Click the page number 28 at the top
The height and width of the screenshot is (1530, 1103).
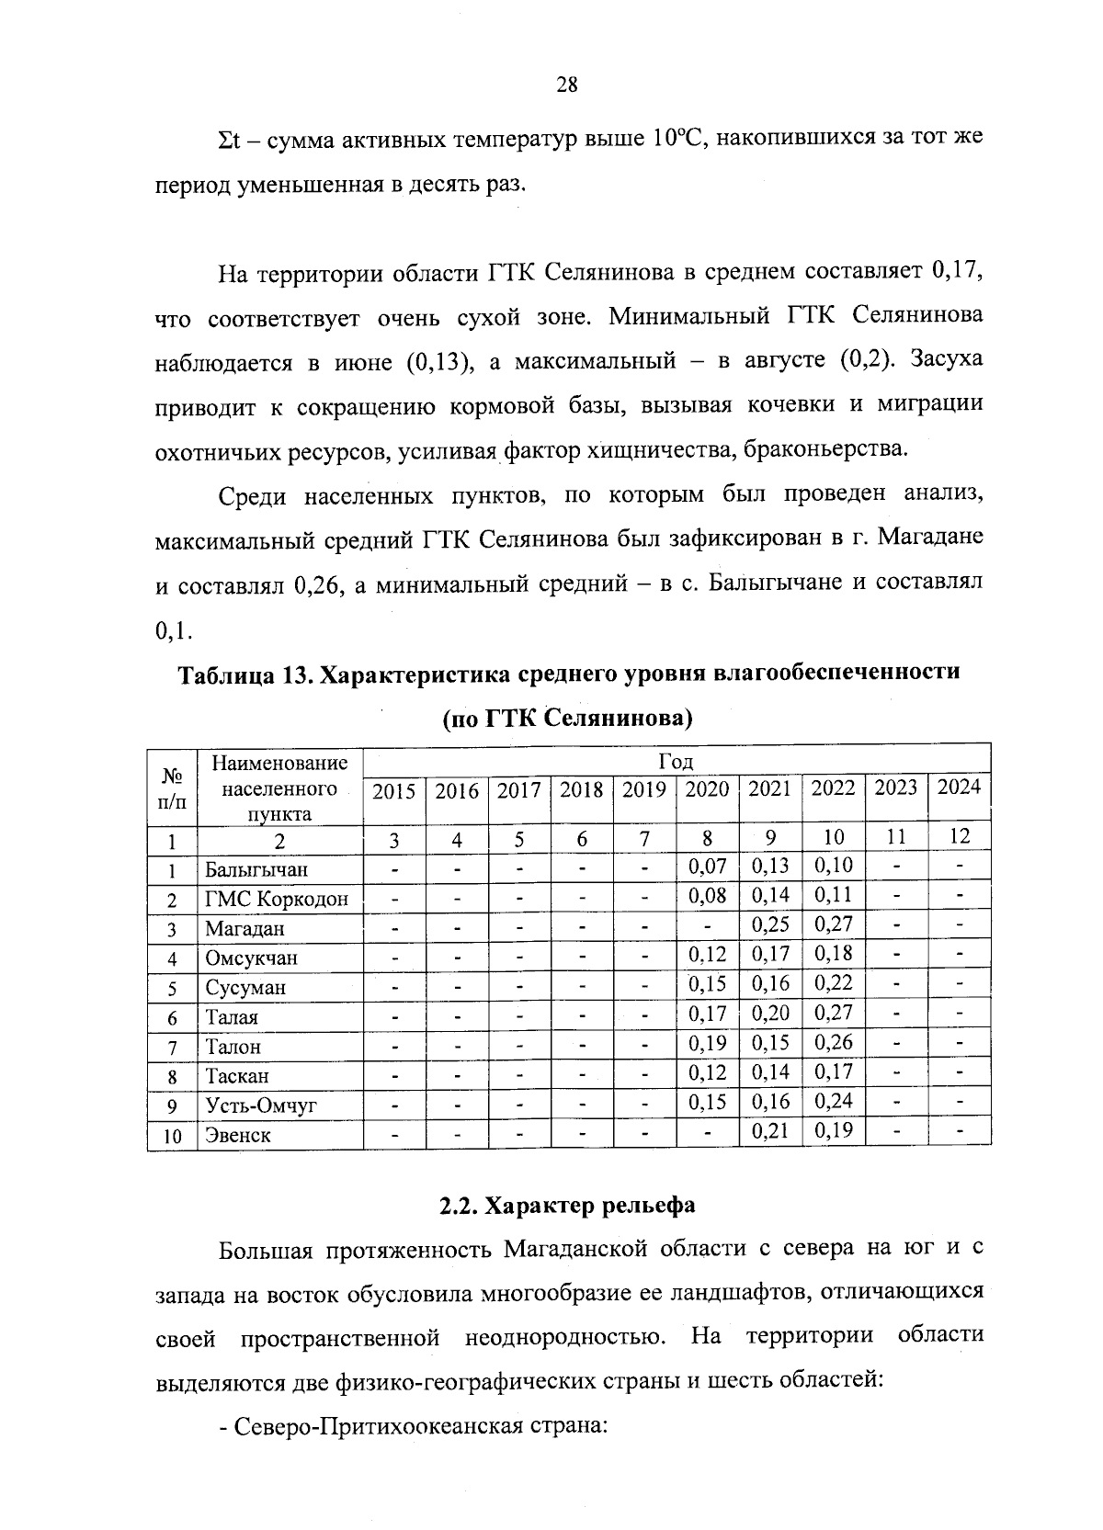[x=566, y=85]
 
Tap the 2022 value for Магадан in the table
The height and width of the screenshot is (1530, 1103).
[x=833, y=924]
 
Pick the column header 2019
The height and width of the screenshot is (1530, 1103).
[x=643, y=790]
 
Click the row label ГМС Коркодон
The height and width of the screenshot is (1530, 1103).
[x=276, y=900]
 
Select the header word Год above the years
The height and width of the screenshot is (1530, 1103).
[x=676, y=761]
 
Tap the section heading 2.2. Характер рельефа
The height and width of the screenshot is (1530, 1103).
[x=566, y=1205]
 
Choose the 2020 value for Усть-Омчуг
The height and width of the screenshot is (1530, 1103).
[x=708, y=1102]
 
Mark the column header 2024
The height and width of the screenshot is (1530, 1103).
[x=958, y=788]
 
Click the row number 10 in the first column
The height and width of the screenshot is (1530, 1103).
[x=172, y=1137]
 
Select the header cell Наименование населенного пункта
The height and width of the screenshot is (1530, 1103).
[x=279, y=788]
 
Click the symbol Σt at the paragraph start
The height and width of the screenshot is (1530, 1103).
[x=228, y=140]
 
